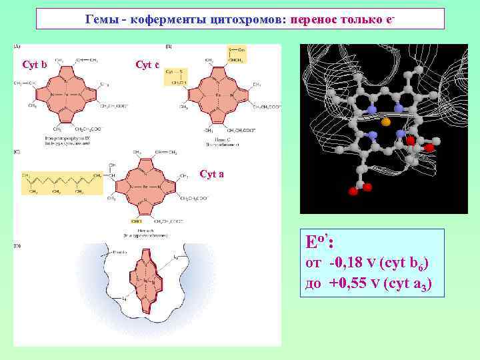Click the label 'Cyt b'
pos(35,65)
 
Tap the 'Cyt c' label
pos(147,65)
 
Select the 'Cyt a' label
pos(211,174)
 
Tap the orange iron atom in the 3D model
pos(385,123)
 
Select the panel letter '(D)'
pos(18,247)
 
